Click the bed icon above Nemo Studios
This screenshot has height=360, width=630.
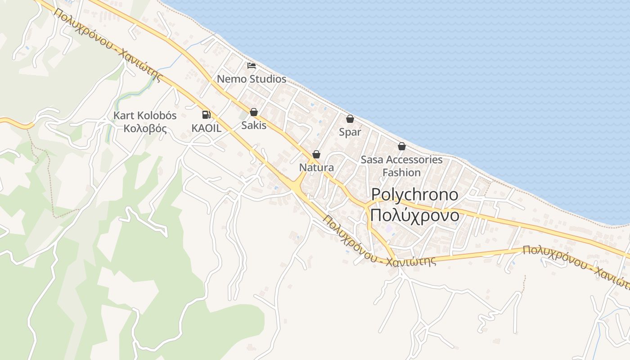(252, 66)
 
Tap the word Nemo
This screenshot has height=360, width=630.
(232, 79)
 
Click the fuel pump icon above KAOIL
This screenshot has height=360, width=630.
(206, 115)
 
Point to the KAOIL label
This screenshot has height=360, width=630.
(207, 128)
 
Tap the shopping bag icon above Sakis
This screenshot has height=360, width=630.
(254, 112)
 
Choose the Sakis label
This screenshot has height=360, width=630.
(254, 126)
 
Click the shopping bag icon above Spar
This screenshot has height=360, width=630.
(350, 119)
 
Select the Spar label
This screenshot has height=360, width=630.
(350, 133)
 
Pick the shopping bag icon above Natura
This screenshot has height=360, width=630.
(316, 154)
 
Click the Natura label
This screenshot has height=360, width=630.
(316, 168)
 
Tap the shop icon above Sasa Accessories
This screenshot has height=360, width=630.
(402, 146)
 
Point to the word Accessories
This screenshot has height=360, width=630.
(414, 160)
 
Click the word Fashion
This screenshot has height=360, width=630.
(401, 172)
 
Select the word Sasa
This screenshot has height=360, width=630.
(372, 160)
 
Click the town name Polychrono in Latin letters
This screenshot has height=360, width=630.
(414, 195)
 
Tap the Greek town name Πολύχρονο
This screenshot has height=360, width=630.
(414, 216)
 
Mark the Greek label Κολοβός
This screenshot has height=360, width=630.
(145, 129)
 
